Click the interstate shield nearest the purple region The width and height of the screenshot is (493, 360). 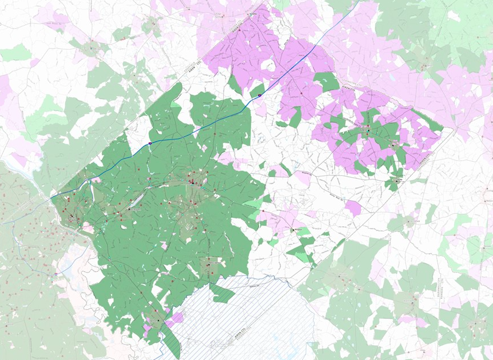[260, 95]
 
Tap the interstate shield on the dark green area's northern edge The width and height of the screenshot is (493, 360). [150, 143]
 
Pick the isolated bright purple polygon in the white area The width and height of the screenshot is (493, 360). [353, 208]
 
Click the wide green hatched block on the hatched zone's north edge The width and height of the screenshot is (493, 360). [222, 293]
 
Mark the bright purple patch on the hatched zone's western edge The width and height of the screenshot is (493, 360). [176, 318]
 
